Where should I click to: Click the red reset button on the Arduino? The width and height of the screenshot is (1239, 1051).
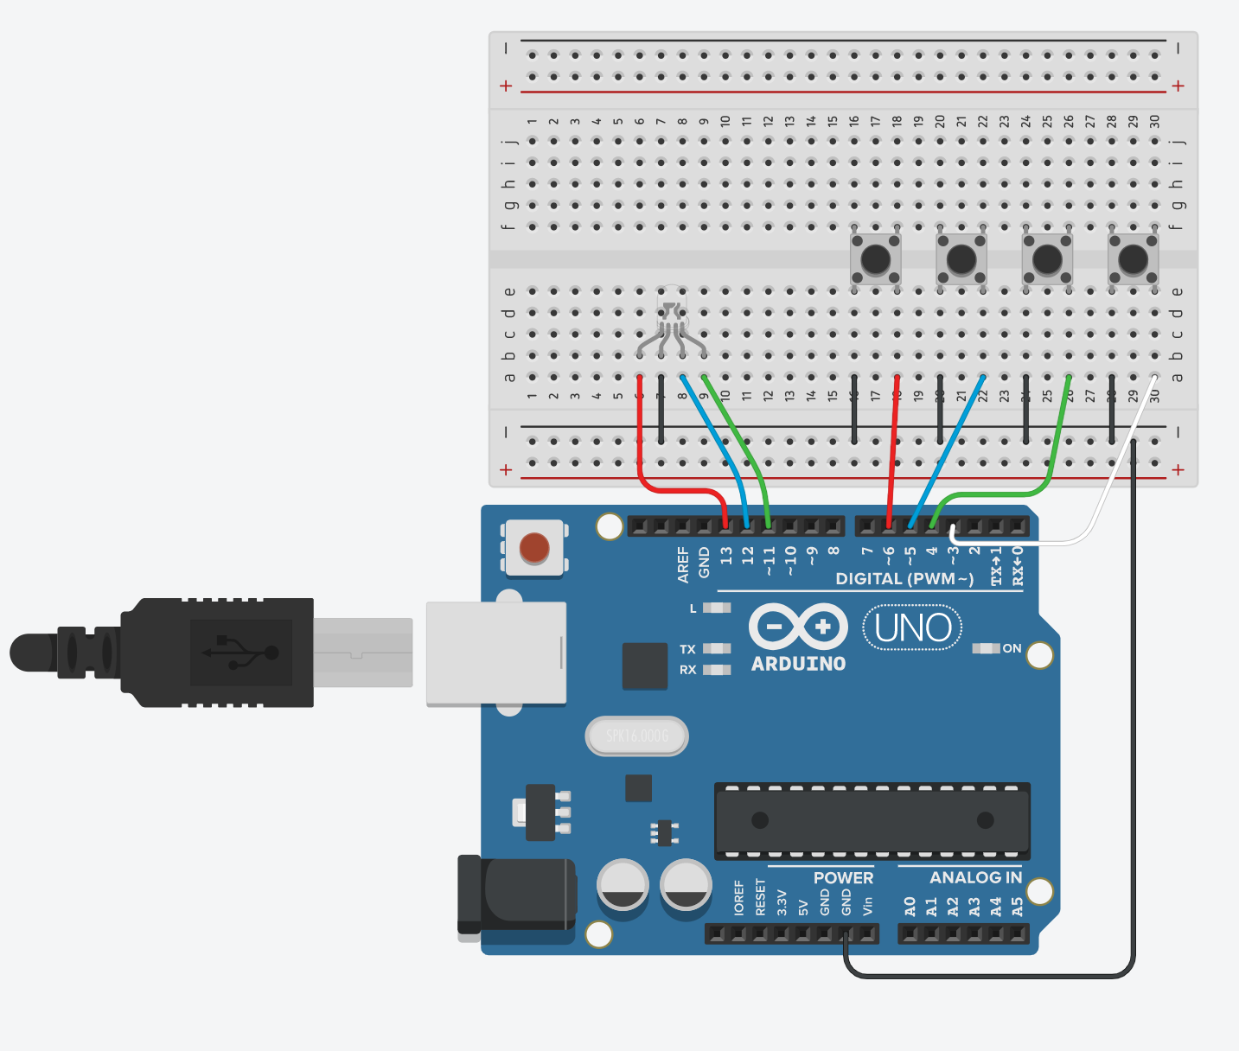[534, 548]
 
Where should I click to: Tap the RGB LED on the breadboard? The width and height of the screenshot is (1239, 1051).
[672, 316]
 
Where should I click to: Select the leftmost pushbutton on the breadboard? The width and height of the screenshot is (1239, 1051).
[876, 258]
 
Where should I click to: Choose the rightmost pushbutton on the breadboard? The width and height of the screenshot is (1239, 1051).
[1134, 258]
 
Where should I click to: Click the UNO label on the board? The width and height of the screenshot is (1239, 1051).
[913, 628]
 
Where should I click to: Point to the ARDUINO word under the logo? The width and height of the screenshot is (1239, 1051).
[798, 664]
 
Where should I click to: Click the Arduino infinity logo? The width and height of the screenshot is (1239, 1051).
[798, 626]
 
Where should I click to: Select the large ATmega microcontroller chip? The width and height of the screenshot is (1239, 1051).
[872, 820]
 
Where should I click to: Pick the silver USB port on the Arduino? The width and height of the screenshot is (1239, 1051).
[496, 653]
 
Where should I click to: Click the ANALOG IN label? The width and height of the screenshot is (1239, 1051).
[975, 877]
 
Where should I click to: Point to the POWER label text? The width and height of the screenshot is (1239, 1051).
[843, 877]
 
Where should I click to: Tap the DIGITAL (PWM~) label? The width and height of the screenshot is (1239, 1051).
[904, 578]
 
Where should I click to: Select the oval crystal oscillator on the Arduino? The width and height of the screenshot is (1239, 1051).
[637, 736]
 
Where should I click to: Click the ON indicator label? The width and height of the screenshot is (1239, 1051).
[1012, 648]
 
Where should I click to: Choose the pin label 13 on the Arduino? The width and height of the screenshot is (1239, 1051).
[725, 555]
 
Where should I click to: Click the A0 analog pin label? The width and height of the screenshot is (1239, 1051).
[910, 906]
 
